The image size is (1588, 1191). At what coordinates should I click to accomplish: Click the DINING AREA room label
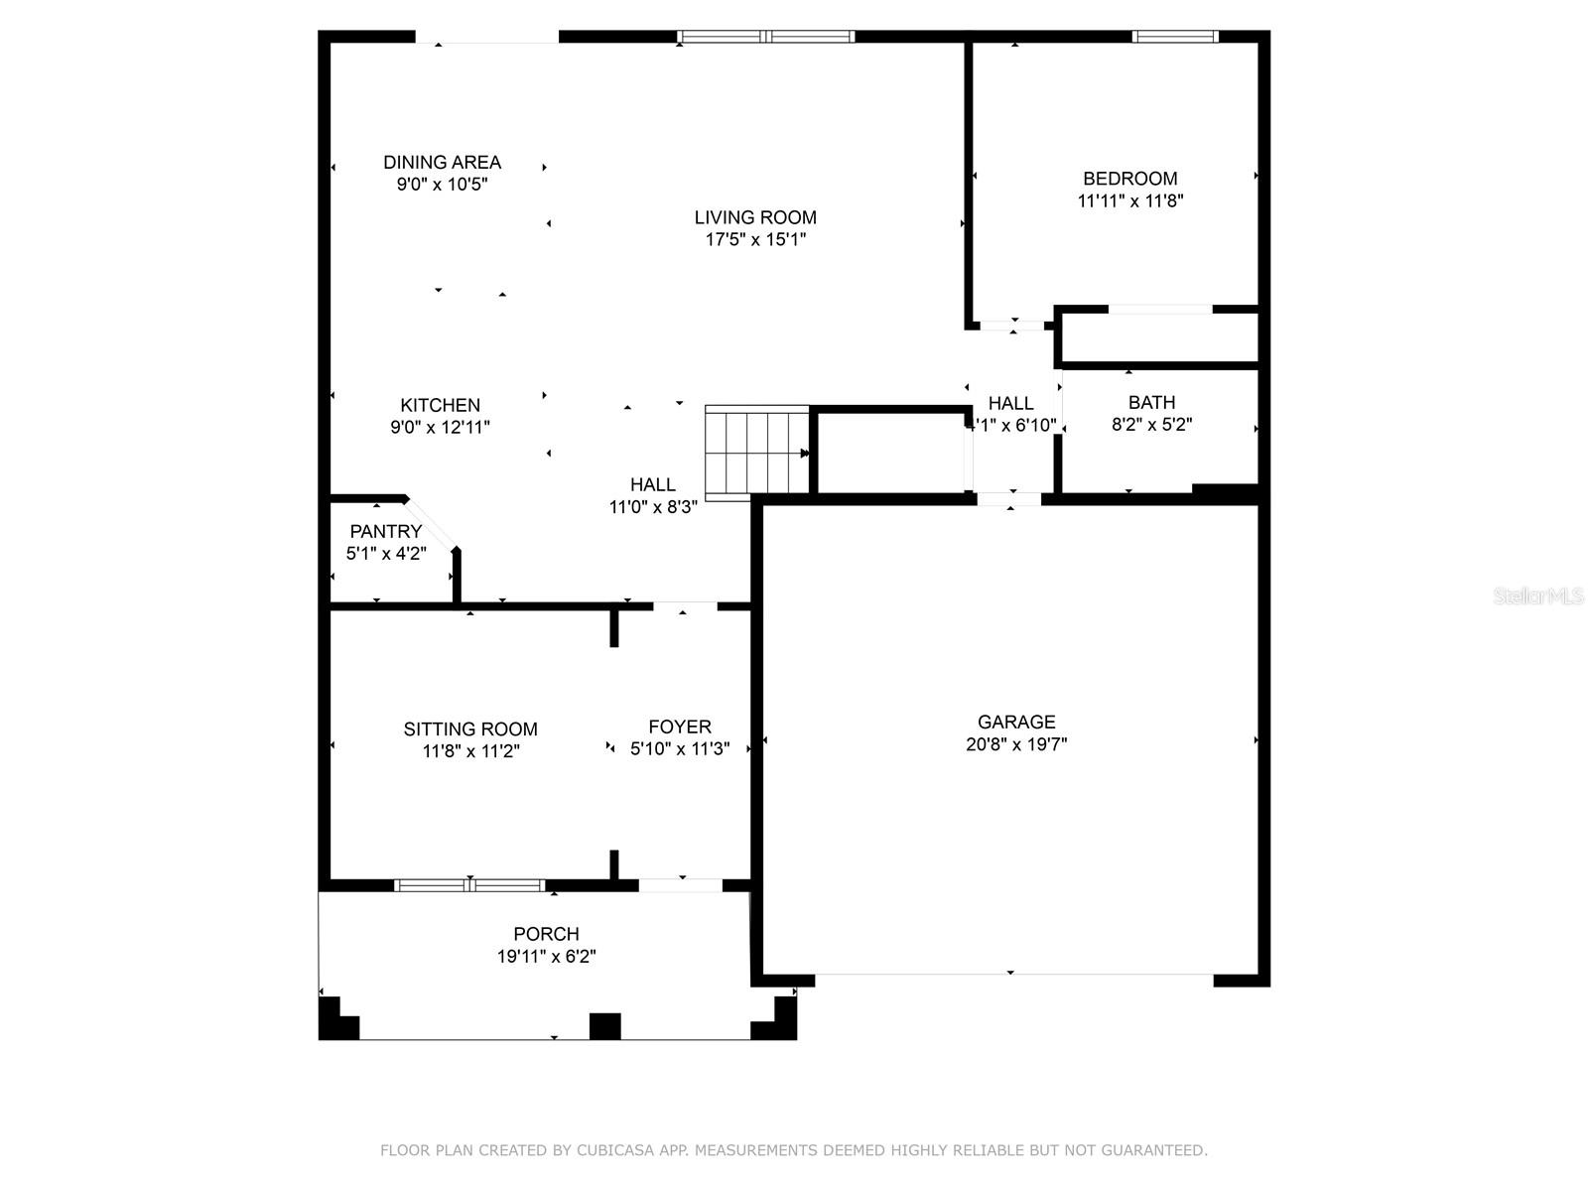[x=442, y=162]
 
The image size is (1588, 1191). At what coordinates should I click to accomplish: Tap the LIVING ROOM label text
[x=755, y=217]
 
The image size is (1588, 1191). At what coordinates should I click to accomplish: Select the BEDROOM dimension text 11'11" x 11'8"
[x=1130, y=200]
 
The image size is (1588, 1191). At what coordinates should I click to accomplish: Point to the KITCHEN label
[x=441, y=405]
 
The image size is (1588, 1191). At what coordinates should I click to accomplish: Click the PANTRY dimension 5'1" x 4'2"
[x=386, y=553]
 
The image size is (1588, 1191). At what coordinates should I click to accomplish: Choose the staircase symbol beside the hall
[x=756, y=453]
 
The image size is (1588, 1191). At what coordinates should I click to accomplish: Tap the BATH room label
[x=1151, y=402]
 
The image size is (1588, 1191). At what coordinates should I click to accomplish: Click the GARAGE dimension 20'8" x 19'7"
[x=1016, y=743]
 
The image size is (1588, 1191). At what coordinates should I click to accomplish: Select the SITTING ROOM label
[x=470, y=728]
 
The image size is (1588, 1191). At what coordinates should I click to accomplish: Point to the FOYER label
[x=680, y=727]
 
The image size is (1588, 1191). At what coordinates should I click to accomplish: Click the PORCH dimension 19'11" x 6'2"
[x=546, y=956]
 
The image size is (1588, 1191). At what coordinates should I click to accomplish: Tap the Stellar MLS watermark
[x=1538, y=595]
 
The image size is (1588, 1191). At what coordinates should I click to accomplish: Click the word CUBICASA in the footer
[x=615, y=1149]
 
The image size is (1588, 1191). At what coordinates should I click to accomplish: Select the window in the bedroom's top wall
[x=1175, y=36]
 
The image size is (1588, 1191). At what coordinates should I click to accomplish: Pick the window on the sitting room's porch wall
[x=469, y=885]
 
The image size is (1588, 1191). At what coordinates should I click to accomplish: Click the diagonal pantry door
[x=431, y=523]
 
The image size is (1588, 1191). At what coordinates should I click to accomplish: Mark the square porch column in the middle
[x=604, y=1026]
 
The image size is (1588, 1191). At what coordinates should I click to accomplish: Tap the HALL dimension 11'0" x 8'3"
[x=653, y=506]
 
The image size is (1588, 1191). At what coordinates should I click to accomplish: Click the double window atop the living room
[x=766, y=36]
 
